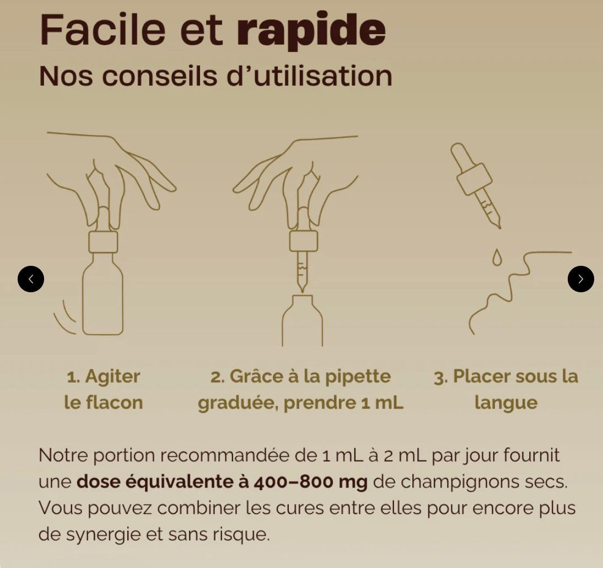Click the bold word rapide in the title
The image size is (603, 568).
coord(311,31)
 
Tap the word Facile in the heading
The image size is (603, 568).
coord(103,30)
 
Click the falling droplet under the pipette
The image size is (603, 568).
coord(497,257)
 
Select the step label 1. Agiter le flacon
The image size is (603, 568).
coord(104,389)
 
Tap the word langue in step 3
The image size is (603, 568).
coord(505,403)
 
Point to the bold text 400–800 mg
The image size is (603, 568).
coord(310,481)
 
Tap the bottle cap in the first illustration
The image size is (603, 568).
coord(103,242)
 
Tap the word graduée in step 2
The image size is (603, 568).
coord(239,403)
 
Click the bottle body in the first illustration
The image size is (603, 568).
coord(103,299)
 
